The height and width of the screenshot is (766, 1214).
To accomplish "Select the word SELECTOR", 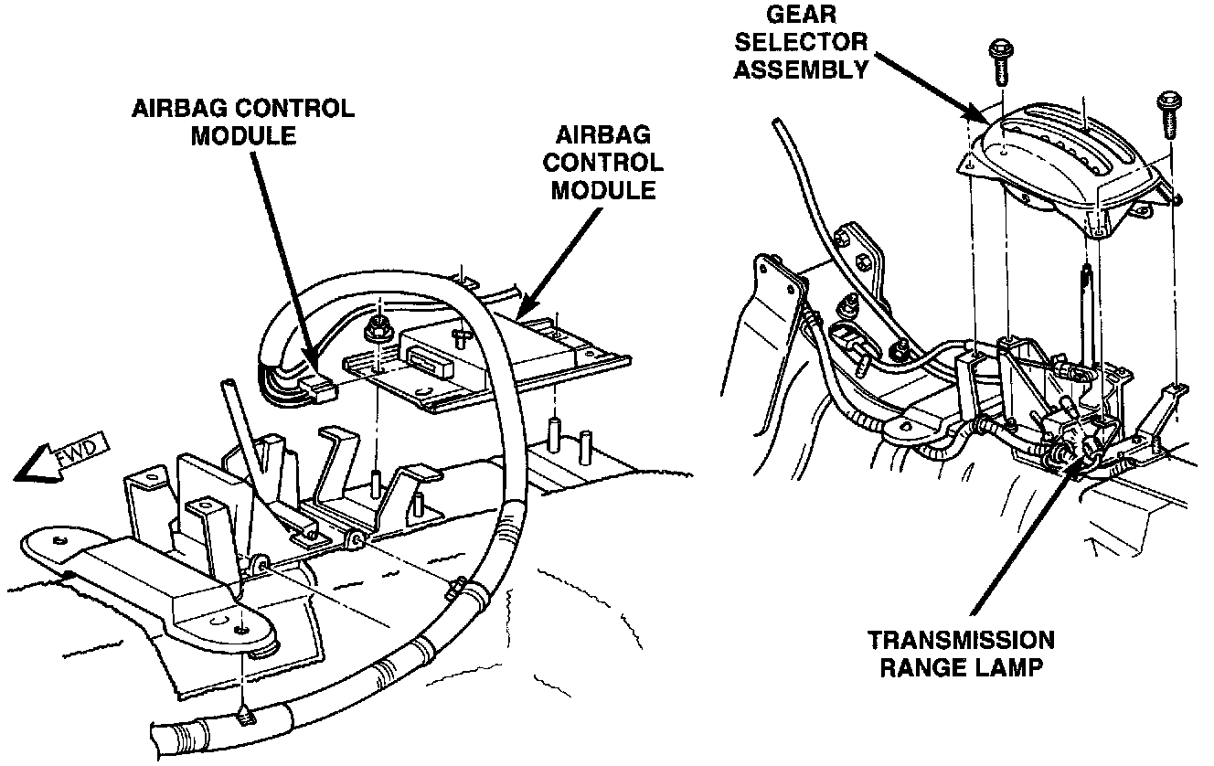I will pos(802,42).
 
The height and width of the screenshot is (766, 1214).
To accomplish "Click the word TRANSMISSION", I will pos(961,640).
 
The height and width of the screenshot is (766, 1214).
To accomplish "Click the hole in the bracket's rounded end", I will pos(240,631).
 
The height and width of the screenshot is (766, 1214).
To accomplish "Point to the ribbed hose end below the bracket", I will pos(183,736).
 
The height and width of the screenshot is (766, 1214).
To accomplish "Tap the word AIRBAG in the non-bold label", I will pos(603,135).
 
